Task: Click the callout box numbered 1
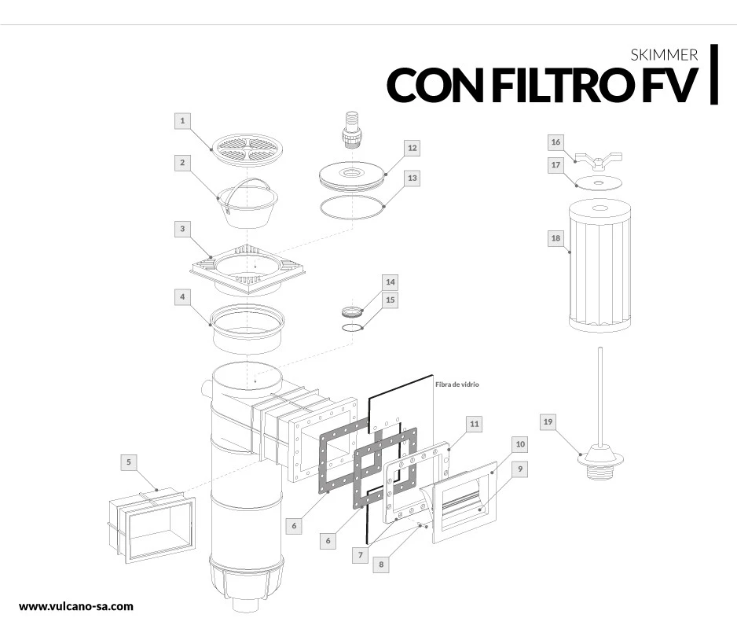(x=182, y=120)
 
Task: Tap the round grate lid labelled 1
(x=247, y=147)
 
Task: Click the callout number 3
(x=182, y=229)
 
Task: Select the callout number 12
(x=412, y=147)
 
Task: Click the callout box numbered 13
(x=412, y=178)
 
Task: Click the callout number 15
(x=390, y=300)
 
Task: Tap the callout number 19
(x=549, y=422)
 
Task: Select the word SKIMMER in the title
(x=664, y=56)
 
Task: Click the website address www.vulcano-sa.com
(x=75, y=606)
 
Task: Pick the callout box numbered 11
(x=474, y=424)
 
